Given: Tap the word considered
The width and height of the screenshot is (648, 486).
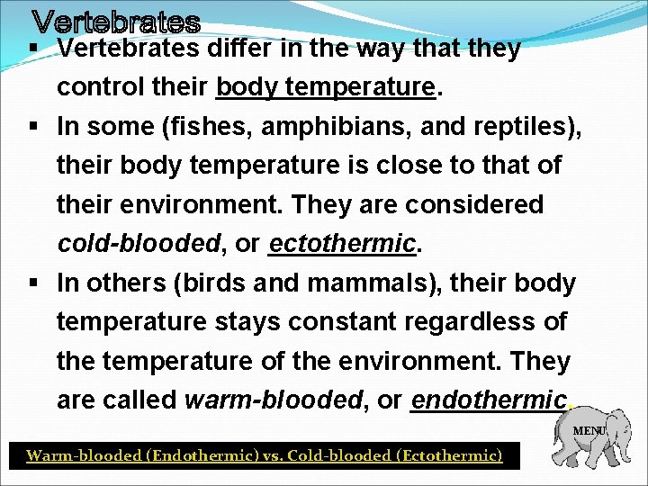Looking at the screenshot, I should coord(474,205).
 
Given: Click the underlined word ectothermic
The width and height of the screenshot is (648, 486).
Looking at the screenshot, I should coord(342,244).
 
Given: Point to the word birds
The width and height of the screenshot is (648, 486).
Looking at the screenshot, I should coord(217,283).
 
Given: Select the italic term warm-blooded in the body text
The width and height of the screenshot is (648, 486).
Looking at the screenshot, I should coord(272,400).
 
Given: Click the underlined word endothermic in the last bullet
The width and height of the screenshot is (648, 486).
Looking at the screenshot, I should coord(489,400).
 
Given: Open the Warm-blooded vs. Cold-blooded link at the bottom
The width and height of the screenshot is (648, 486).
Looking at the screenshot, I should coord(264,455).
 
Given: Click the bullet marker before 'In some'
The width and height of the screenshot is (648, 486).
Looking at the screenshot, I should coord(32,127).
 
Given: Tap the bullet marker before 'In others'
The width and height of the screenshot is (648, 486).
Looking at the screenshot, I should coord(32,283).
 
